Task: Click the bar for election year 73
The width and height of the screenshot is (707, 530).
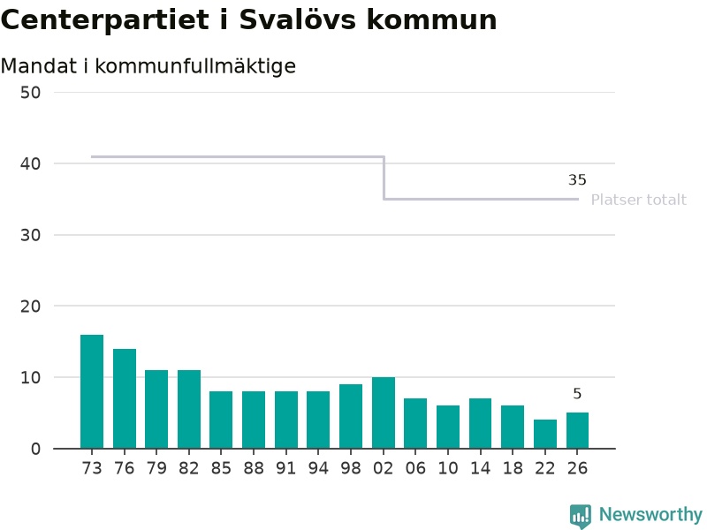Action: point(92,391)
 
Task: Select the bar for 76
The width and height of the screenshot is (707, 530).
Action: point(125,399)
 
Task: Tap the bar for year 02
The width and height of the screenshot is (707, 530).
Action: point(384,413)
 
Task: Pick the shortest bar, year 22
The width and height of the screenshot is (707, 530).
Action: point(545,434)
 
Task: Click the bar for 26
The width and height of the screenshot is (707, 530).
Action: point(578,430)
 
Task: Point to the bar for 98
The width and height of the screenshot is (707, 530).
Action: point(351,416)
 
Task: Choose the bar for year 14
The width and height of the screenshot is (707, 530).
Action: point(480,424)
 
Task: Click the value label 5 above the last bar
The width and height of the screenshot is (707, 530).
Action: point(577,394)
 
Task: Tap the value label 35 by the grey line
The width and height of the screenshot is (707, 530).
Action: point(577,180)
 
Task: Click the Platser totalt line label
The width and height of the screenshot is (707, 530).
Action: point(638,200)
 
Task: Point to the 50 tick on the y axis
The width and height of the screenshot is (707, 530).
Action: point(30,93)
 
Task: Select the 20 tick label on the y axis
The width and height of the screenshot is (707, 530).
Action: point(30,307)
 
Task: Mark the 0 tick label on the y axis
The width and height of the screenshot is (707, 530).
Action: point(35,450)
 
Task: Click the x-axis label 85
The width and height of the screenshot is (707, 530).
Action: point(221,469)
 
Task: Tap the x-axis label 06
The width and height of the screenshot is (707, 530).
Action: point(415,469)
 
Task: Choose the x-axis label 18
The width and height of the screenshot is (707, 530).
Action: point(513,469)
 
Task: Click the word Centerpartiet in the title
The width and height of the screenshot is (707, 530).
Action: point(105,20)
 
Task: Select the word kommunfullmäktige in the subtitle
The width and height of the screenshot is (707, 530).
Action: point(195,66)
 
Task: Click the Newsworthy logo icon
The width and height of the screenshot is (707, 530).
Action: point(581,516)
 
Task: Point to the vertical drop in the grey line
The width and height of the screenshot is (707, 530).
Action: point(384,178)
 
